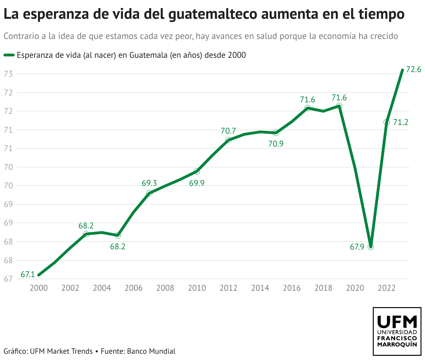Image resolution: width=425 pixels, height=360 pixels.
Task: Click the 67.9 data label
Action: point(357,247)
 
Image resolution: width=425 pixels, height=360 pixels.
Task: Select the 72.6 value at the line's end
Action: point(414,70)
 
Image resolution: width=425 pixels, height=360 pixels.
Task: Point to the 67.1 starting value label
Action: point(28,274)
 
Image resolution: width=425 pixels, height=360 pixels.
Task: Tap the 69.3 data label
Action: point(149,183)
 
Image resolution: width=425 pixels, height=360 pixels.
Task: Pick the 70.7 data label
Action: point(228,131)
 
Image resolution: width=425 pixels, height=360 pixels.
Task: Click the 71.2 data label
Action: point(401,122)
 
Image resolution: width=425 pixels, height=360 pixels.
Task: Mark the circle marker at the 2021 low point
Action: point(371,247)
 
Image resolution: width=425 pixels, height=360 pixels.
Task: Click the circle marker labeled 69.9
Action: point(197,171)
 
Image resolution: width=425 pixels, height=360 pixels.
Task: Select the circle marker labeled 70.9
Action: point(276,133)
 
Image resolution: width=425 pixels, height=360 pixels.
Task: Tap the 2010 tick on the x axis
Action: point(197,288)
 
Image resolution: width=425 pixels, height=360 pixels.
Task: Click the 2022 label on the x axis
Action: point(386,288)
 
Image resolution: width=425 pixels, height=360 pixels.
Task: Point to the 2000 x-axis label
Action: point(39,288)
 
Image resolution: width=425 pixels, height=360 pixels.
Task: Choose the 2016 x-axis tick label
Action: point(292,288)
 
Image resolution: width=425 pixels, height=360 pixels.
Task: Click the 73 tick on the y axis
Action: point(8,74)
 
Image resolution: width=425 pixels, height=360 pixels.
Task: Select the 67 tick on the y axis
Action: point(8,279)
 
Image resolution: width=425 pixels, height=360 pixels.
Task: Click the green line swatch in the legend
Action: point(9,55)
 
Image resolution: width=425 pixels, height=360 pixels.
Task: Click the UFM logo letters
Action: point(397,322)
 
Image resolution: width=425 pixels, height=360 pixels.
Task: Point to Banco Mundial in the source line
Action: point(151,351)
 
